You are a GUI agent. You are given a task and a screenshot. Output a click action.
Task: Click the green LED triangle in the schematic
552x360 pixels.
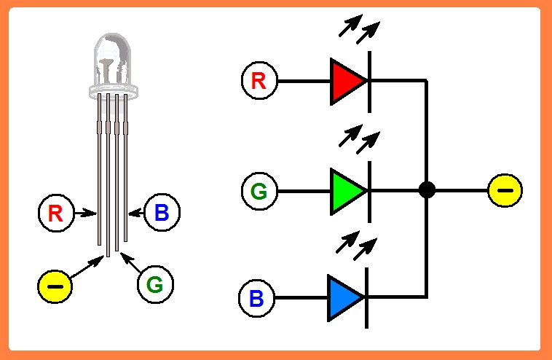coord(347,192)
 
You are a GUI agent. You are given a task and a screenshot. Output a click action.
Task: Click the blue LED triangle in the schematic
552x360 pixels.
coord(344,297)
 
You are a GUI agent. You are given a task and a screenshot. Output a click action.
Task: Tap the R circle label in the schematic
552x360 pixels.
coord(259,81)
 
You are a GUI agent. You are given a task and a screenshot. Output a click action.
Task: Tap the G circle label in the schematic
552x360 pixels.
coord(259,192)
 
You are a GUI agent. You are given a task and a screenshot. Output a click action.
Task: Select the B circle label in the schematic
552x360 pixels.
coord(257,298)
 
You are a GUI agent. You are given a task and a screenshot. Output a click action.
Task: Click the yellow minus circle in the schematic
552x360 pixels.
coord(505,191)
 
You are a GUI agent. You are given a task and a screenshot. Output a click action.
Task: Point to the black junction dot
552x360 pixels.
coord(427,191)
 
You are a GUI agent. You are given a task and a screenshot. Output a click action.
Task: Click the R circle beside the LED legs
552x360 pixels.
coord(55,213)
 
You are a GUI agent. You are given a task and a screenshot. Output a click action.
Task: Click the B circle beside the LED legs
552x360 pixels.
coord(162,213)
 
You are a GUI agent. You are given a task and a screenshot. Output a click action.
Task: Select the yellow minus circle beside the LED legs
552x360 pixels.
coord(55,286)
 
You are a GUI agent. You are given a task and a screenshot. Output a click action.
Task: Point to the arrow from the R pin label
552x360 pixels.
coord(84,213)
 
